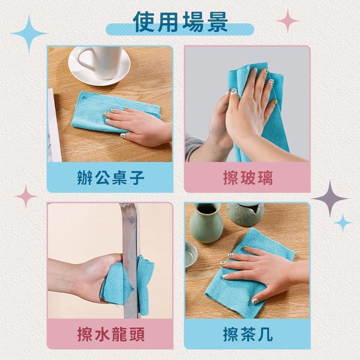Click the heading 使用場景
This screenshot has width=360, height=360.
[x=180, y=22]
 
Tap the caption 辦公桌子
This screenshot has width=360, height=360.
[x=111, y=177]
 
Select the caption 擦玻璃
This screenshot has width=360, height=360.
[x=248, y=177]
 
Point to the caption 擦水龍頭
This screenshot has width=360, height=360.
[x=111, y=334]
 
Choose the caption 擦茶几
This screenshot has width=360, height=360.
[x=248, y=334]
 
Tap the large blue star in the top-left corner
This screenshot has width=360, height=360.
[x=29, y=33]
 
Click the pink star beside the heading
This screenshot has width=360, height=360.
[x=288, y=21]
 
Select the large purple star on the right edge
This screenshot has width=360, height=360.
[x=330, y=199]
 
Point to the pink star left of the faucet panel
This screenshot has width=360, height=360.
[x=26, y=196]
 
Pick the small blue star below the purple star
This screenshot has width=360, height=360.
[x=343, y=223]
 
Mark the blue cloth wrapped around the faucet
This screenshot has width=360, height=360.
[x=127, y=285]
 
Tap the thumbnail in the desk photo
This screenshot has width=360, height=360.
[x=123, y=136]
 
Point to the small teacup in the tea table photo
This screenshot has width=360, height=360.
[x=191, y=255]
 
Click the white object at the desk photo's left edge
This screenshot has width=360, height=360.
[x=54, y=125]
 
